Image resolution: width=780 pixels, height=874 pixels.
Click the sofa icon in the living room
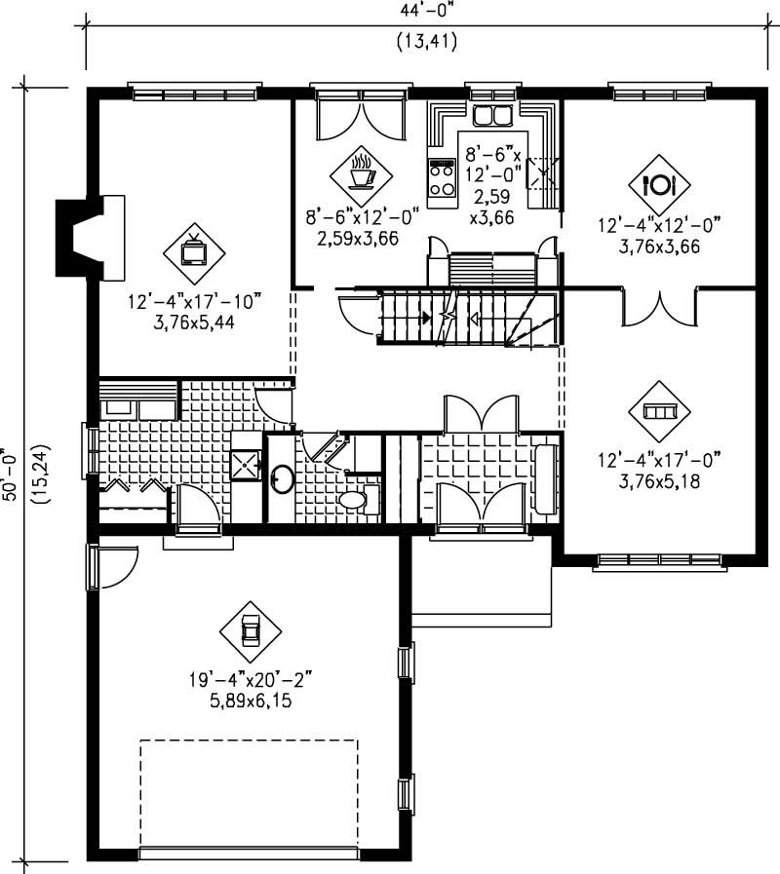pyautogui.click(x=659, y=411)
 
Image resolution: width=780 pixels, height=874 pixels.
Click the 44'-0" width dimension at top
pyautogui.click(x=426, y=11)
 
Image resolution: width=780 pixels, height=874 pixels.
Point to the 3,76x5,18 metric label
pyautogui.click(x=658, y=481)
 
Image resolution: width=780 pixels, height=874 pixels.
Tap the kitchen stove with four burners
pyautogui.click(x=442, y=179)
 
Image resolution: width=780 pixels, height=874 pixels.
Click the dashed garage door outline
pyautogui.click(x=249, y=794)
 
